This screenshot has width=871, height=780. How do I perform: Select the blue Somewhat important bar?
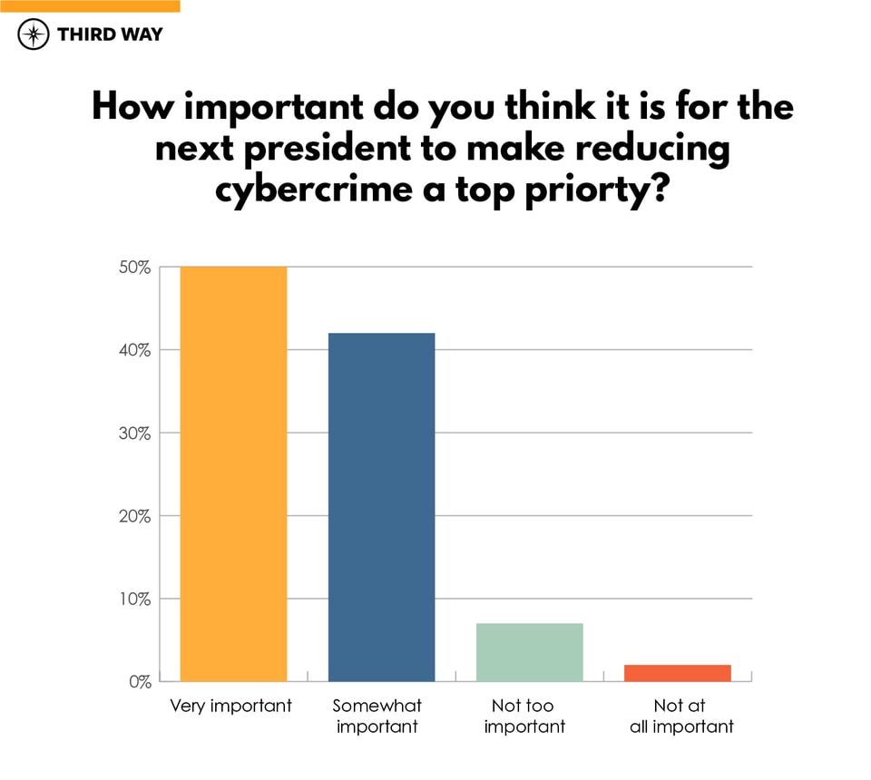pos(381,507)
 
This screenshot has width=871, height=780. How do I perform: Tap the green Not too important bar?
pos(529,652)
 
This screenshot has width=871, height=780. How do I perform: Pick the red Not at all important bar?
pos(677,673)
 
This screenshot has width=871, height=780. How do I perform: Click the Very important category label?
pos(231,706)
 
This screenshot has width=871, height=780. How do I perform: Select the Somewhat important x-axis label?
pos(377,716)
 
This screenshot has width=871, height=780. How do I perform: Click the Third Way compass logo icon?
pos(34,35)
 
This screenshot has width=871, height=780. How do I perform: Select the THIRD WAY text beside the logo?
pos(110,35)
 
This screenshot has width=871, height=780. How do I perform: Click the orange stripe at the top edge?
pos(90,5)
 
